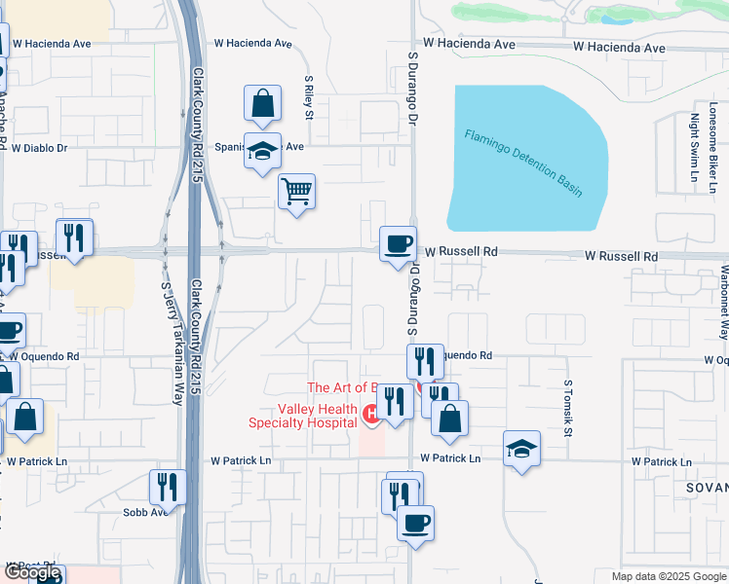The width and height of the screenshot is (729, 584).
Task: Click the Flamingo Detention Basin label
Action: tap(522, 163)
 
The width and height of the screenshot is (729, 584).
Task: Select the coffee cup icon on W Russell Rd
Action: tap(398, 243)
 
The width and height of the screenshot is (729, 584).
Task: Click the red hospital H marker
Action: tap(370, 415)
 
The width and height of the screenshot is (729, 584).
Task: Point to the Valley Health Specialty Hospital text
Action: tap(303, 416)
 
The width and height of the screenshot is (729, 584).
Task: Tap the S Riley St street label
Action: tap(309, 99)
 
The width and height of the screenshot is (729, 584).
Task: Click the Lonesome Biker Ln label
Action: tap(714, 146)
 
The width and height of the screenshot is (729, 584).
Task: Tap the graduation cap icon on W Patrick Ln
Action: tap(522, 449)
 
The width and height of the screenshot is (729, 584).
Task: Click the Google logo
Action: tap(32, 573)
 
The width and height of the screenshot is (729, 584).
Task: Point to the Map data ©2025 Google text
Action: tap(669, 576)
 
